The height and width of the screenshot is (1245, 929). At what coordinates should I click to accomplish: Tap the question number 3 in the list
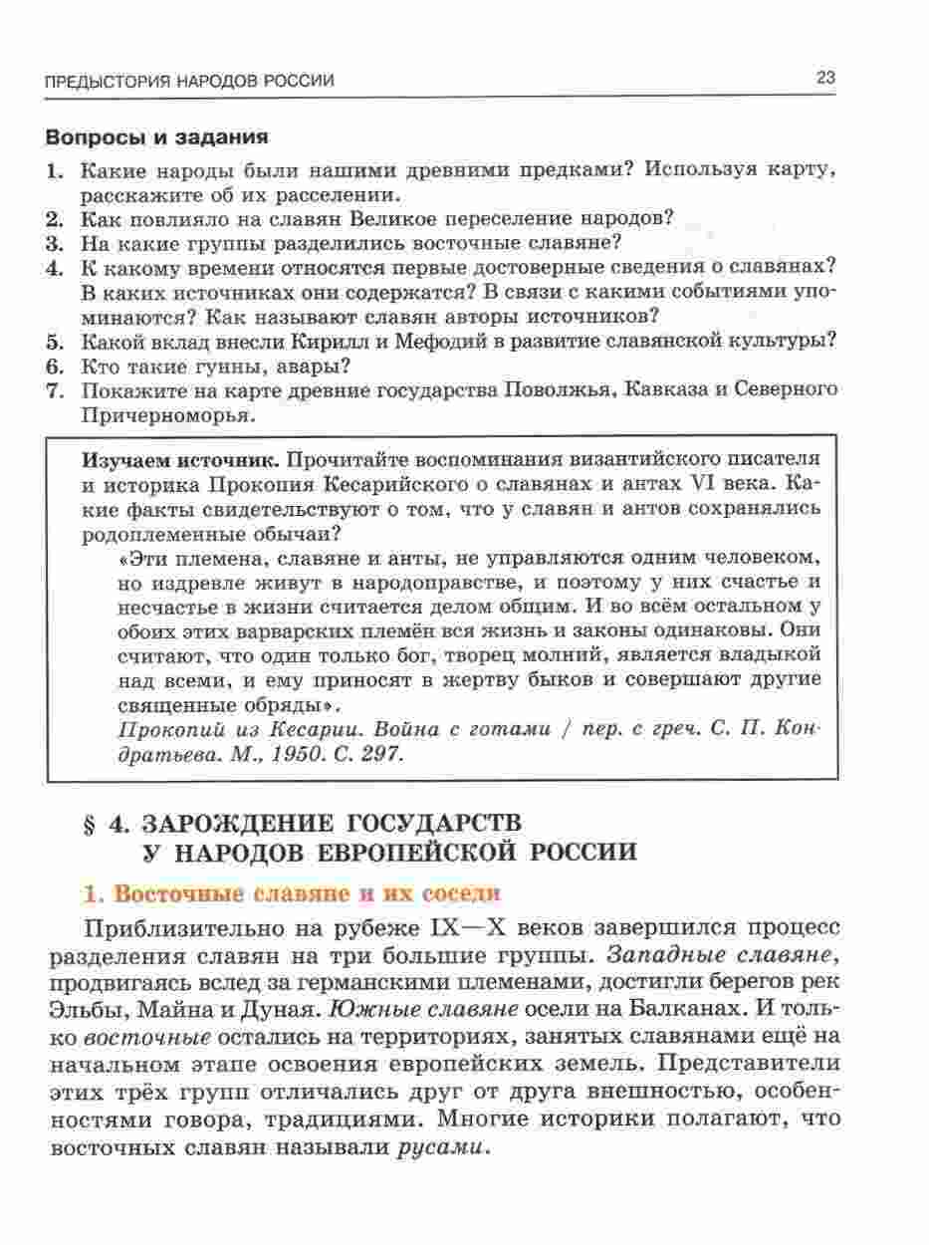(x=56, y=242)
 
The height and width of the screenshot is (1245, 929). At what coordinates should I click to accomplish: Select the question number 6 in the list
(x=56, y=366)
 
